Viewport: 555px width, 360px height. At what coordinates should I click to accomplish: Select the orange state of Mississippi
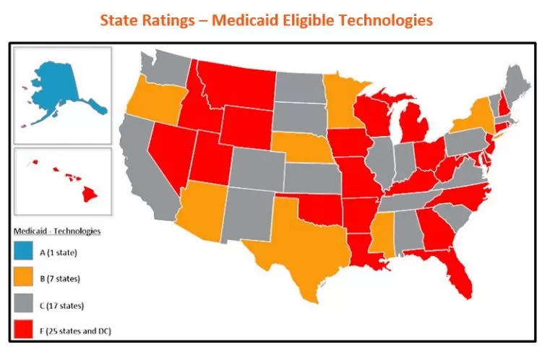pos(382,242)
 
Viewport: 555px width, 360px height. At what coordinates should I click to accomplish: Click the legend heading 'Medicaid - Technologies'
pos(57,231)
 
